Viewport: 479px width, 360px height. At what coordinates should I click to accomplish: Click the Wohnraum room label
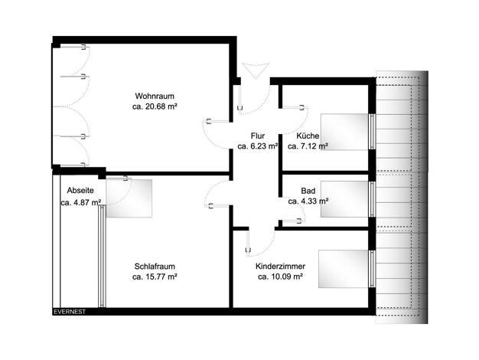pos(155,96)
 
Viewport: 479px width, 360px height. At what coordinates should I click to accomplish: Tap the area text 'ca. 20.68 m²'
pos(155,106)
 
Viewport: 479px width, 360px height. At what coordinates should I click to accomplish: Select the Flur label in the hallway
pos(258,136)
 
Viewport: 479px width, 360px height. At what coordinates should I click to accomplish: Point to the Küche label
pos(308,136)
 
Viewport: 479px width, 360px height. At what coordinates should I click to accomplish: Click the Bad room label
pos(308,191)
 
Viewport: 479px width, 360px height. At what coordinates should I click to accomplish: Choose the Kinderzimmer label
pos(280,267)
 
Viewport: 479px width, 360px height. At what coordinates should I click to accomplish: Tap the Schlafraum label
pos(155,267)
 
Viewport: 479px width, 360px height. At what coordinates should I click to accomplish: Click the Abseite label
pos(80,191)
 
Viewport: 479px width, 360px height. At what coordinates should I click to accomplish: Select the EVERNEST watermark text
pos(70,312)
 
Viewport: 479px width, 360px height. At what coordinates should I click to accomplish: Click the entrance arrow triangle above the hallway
pos(256,70)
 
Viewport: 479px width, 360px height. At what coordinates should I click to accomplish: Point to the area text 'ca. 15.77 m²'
pos(155,277)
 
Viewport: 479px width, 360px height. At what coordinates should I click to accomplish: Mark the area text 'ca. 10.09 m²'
pos(280,277)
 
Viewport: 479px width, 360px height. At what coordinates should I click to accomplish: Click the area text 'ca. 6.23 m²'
pos(258,146)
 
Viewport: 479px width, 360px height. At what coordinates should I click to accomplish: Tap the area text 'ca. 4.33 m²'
pos(308,201)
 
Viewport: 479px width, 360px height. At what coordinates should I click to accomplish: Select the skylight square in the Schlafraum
pos(129,198)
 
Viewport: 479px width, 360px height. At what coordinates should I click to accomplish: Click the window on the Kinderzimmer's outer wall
pos(372,269)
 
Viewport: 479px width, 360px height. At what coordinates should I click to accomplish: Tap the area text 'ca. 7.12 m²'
pos(308,146)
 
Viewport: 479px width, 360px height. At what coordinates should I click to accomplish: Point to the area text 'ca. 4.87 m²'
pos(80,202)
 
